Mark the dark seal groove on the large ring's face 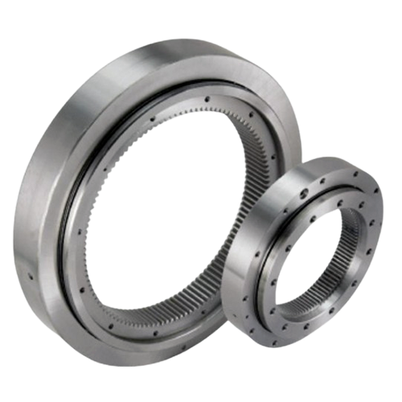point(80,241)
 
